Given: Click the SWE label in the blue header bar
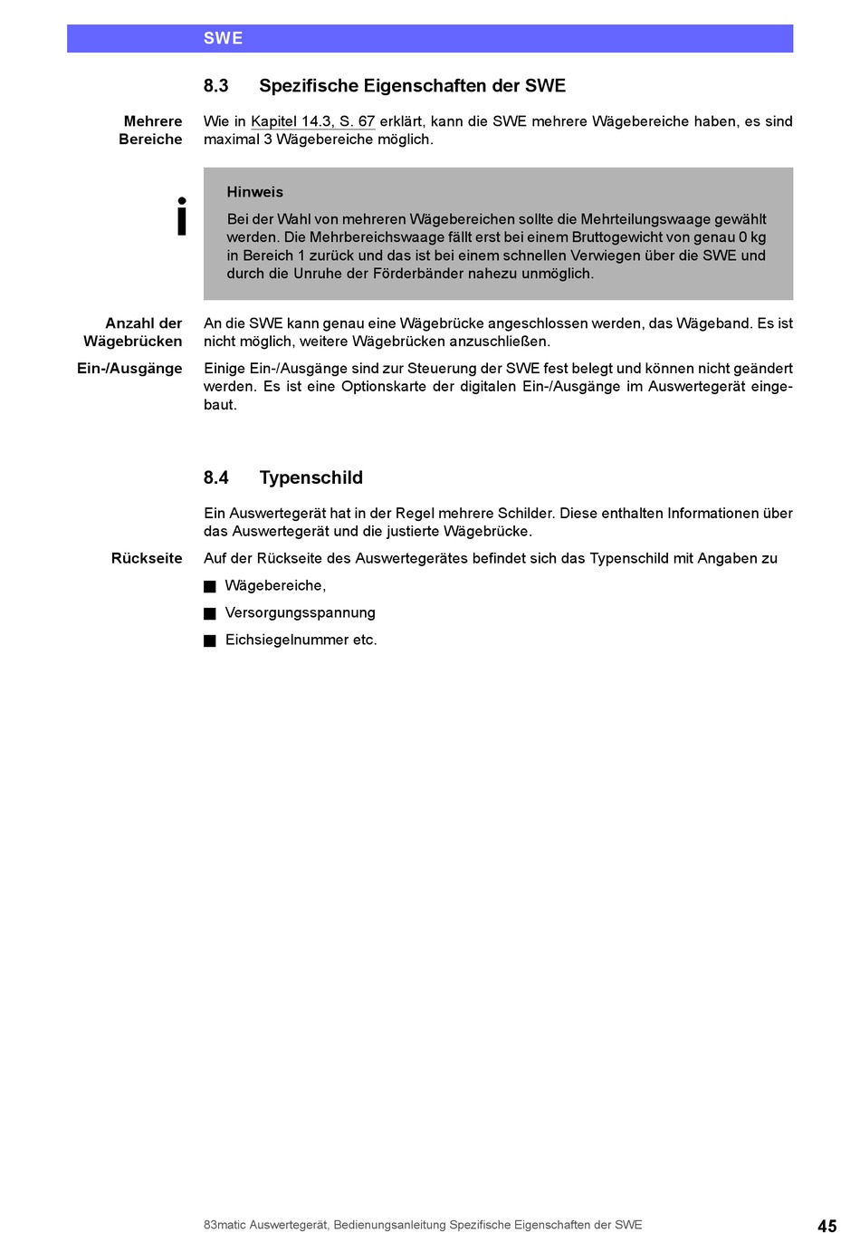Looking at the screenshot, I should pos(223,38).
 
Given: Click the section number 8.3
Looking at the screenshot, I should pos(215,86).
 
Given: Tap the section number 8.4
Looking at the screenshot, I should pos(215,477).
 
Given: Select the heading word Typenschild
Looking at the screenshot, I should pos(311,477).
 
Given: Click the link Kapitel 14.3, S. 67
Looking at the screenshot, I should pos(312,121).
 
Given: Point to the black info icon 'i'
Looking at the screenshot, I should pos(182,217).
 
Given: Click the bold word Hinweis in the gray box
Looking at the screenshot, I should pos(254,192).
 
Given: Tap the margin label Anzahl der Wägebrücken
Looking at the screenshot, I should pos(133,332).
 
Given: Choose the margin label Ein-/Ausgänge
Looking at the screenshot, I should pos(129,369).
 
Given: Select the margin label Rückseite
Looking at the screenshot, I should pos(147,558).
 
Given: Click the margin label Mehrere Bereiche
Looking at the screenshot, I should pos(150,130).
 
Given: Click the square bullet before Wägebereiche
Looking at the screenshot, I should pos(210,586).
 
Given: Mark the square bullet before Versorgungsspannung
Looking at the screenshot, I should pos(210,613).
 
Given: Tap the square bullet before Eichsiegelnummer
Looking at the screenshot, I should pos(210,641).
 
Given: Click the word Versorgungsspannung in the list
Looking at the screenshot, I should pos(300,613).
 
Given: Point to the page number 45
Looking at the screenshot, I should pos(827,1226).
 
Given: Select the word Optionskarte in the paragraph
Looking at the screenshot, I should pos(383,387).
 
